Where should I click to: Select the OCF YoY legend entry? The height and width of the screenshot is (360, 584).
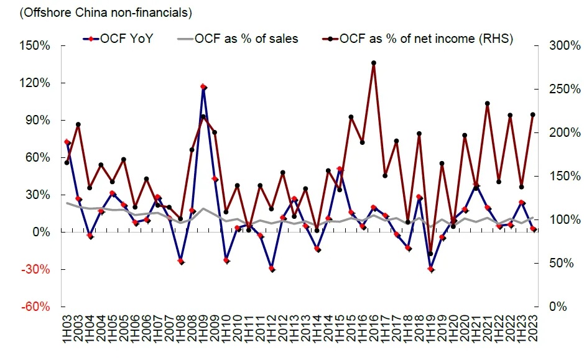point(118,39)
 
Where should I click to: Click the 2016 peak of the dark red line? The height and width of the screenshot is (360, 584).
point(373,63)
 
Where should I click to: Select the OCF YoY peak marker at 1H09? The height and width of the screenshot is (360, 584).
point(203,87)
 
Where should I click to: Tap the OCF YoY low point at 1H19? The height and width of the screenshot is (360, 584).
point(430,269)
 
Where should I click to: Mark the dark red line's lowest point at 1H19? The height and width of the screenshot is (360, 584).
point(430,254)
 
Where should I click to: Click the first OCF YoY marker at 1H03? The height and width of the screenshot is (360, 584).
point(67,142)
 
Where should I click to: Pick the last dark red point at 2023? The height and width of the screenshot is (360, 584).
point(532,114)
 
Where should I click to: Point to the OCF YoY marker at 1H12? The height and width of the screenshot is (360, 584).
point(272,269)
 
